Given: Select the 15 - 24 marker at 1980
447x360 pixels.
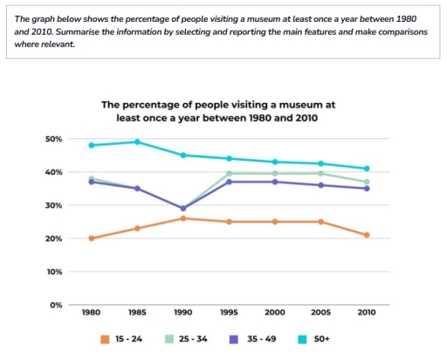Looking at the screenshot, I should point(91,238).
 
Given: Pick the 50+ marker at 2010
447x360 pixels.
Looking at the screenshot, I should point(367,169).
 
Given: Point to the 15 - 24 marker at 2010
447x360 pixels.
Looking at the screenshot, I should point(367,235).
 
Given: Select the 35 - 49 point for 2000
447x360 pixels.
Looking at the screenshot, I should point(276,182).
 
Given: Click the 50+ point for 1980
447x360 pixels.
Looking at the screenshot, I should point(91,145).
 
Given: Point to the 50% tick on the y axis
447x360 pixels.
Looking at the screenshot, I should point(53,139).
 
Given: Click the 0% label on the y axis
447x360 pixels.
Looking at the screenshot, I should point(56,305).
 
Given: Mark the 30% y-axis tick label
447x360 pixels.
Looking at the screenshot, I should point(53,205).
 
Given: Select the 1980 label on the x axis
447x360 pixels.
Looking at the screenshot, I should point(91,312).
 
